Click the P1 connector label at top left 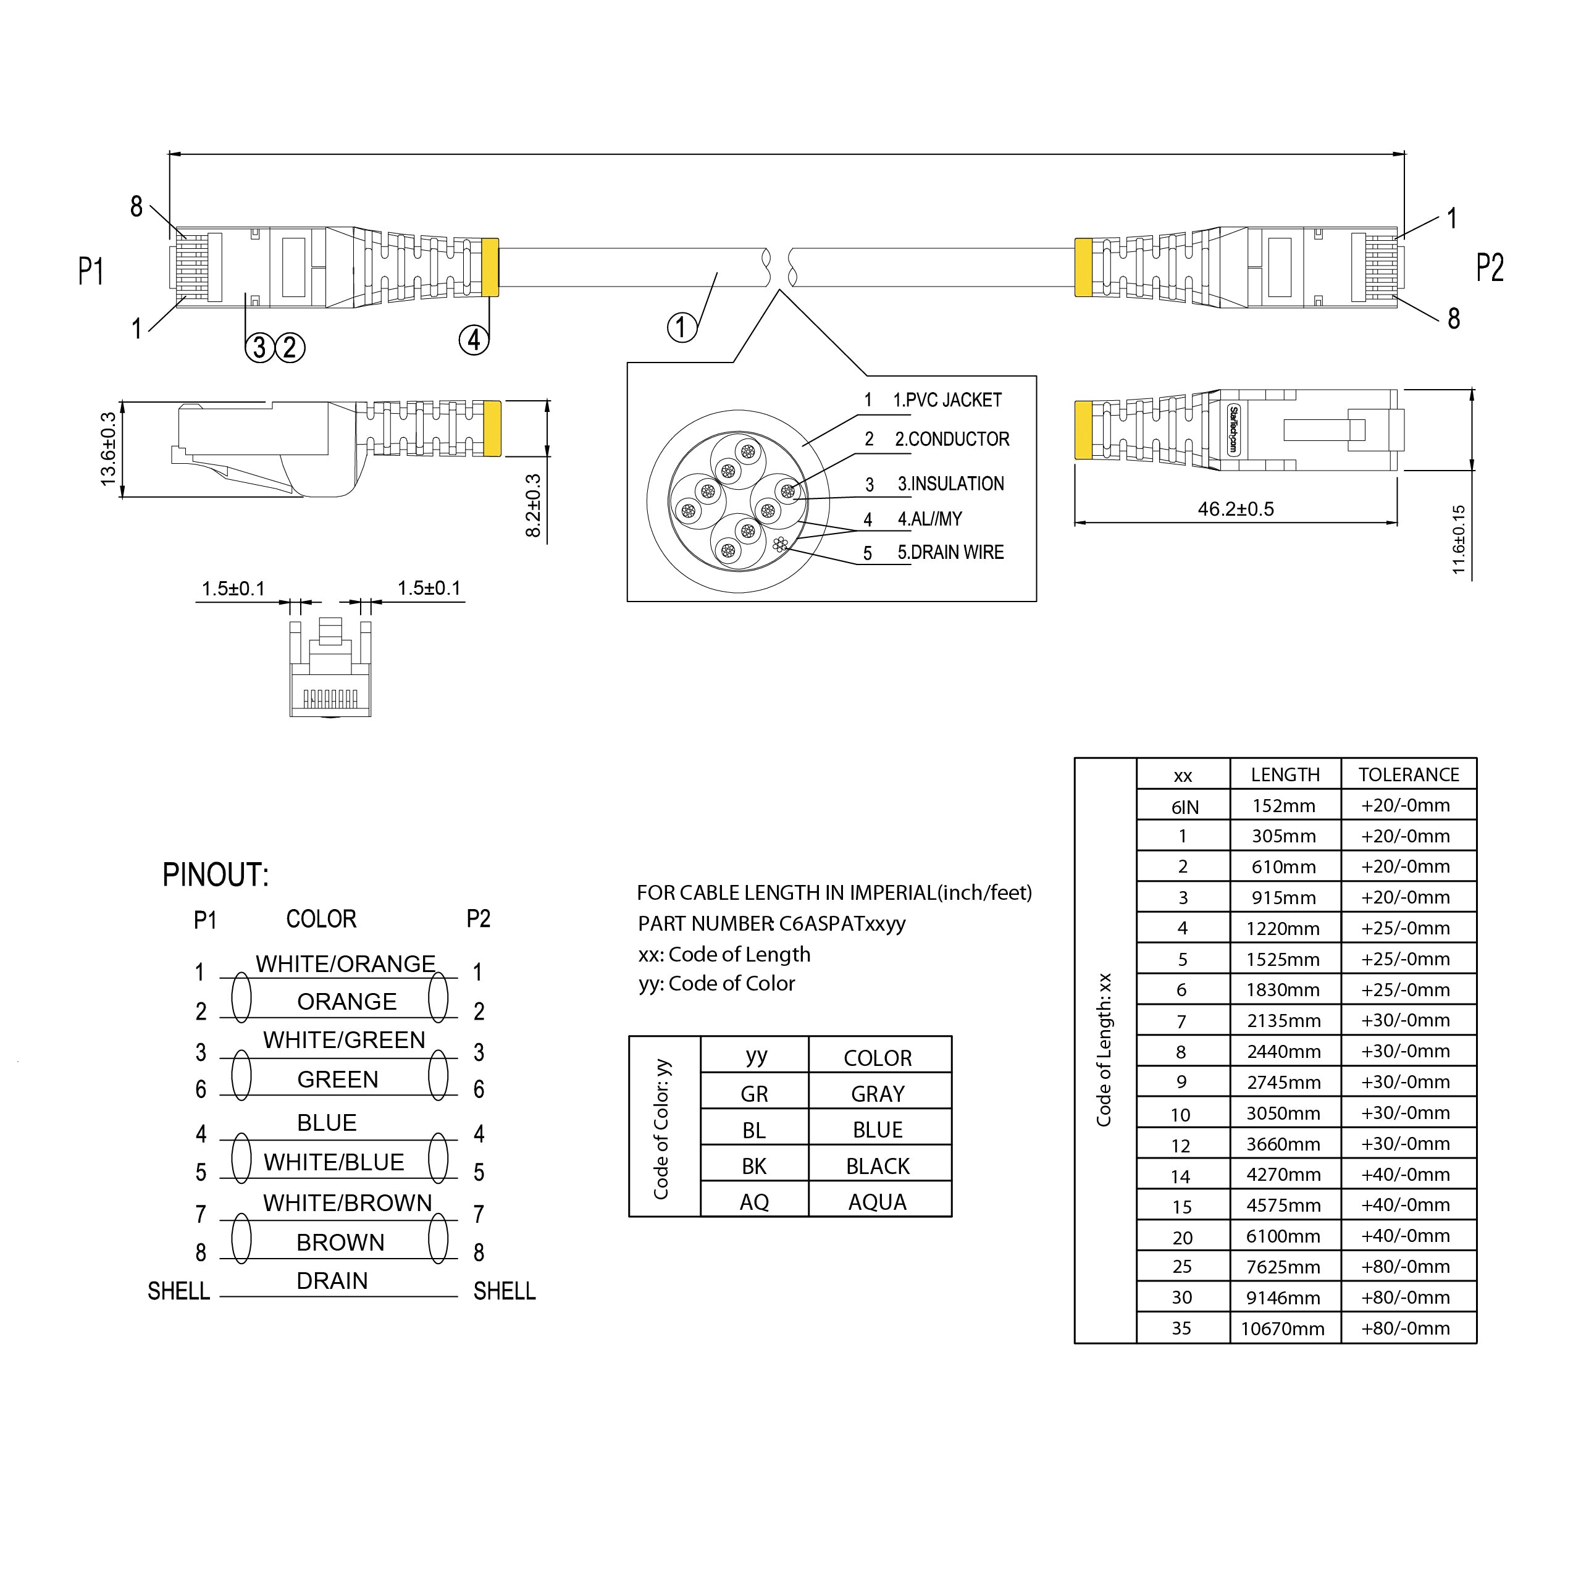[x=91, y=271]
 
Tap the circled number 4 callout [x=474, y=340]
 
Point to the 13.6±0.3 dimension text [x=108, y=449]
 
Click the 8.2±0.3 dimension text [x=534, y=506]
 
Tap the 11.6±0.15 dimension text [x=1458, y=540]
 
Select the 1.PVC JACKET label [x=947, y=401]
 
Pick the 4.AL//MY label [x=929, y=519]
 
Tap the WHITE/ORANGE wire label [x=345, y=964]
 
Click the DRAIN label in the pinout [x=332, y=1281]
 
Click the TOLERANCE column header [x=1408, y=776]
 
